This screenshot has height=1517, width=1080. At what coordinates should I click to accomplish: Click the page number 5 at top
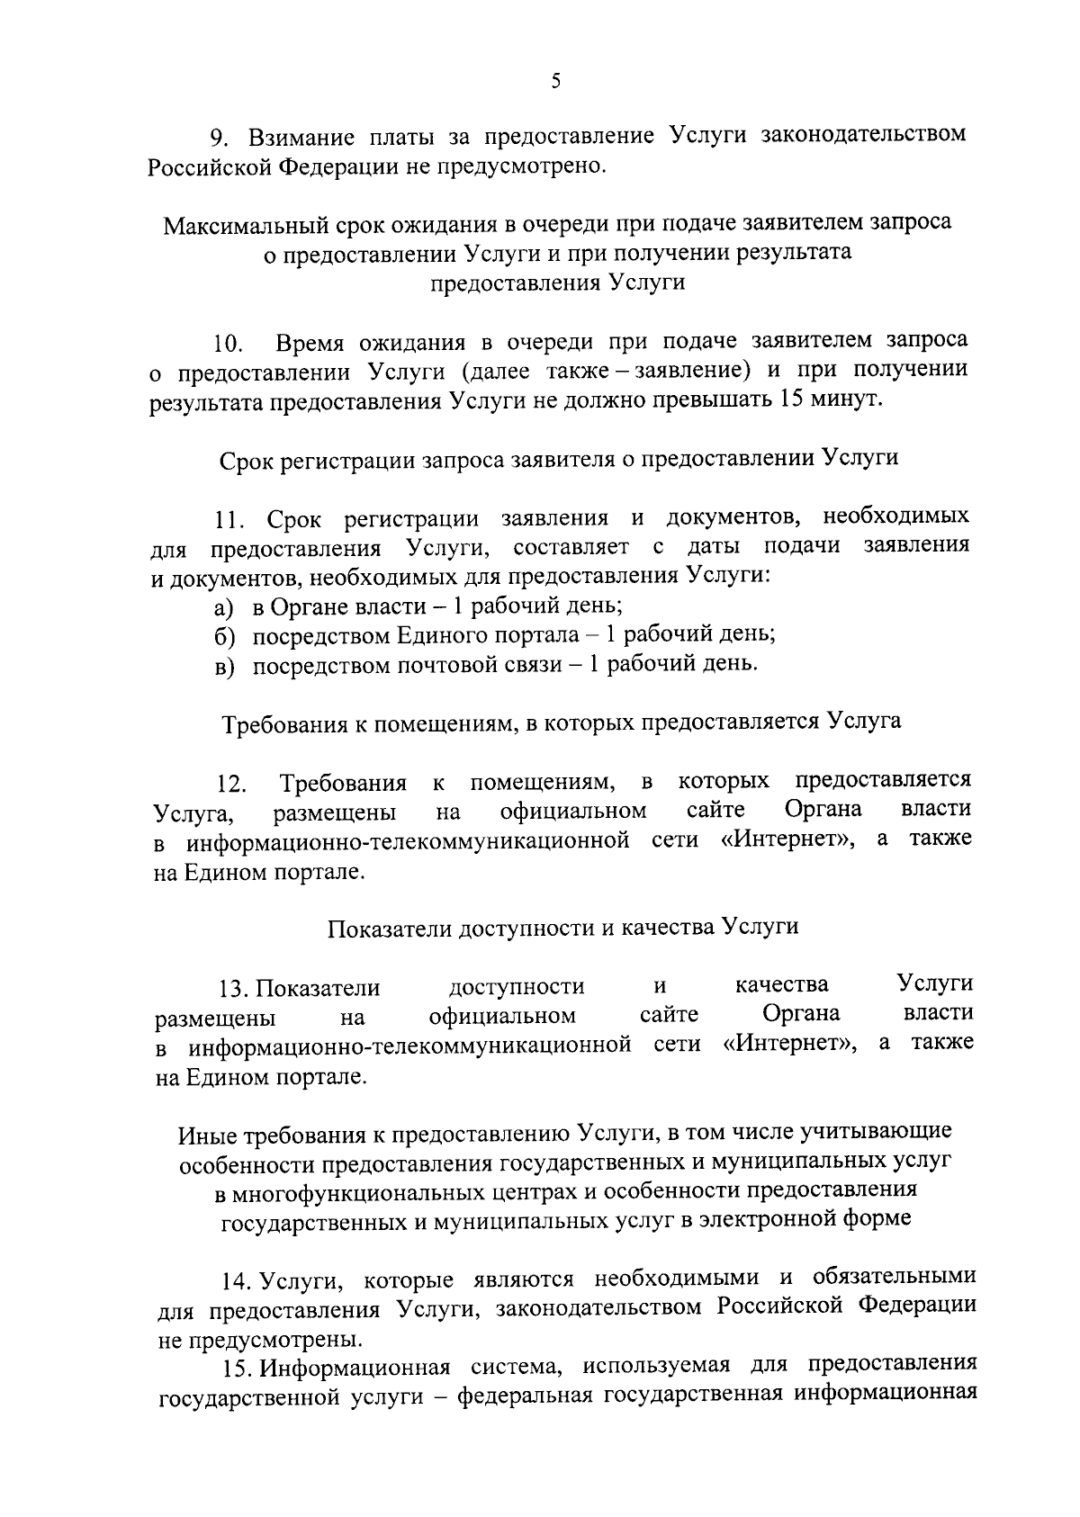coord(555,82)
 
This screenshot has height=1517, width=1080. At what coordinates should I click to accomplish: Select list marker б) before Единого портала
coord(224,636)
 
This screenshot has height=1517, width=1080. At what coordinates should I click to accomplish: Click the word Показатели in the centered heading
coord(387,928)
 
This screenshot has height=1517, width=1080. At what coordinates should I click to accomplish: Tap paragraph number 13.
coord(234,989)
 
